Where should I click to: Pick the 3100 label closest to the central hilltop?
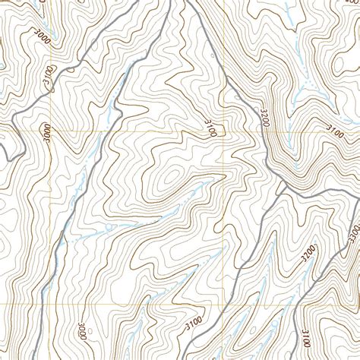coord(210,127)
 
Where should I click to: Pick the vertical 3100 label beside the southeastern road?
coord(305,334)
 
